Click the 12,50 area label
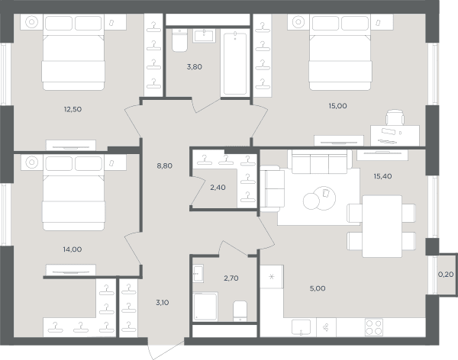pyautogui.click(x=73, y=109)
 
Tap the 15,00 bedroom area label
pyautogui.click(x=337, y=106)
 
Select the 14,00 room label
pyautogui.click(x=73, y=249)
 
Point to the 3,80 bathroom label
pyautogui.click(x=194, y=67)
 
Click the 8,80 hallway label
pyautogui.click(x=164, y=166)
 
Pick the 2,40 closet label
pyautogui.click(x=218, y=188)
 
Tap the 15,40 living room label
pyautogui.click(x=382, y=176)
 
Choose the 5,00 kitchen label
pyautogui.click(x=318, y=288)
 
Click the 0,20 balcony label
pyautogui.click(x=446, y=275)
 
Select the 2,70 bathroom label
pyautogui.click(x=231, y=278)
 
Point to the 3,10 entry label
pyautogui.click(x=162, y=303)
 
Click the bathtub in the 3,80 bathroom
pyautogui.click(x=235, y=63)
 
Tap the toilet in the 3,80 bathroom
pyautogui.click(x=179, y=40)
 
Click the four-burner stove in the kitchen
pyautogui.click(x=374, y=327)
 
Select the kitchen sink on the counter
pyautogui.click(x=301, y=327)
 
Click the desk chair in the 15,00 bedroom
pyautogui.click(x=395, y=117)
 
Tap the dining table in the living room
pyautogui.click(x=382, y=227)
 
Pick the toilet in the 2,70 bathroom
pyautogui.click(x=240, y=311)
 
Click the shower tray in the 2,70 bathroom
pyautogui.click(x=205, y=307)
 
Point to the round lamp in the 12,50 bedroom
pyautogui.click(x=31, y=22)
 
